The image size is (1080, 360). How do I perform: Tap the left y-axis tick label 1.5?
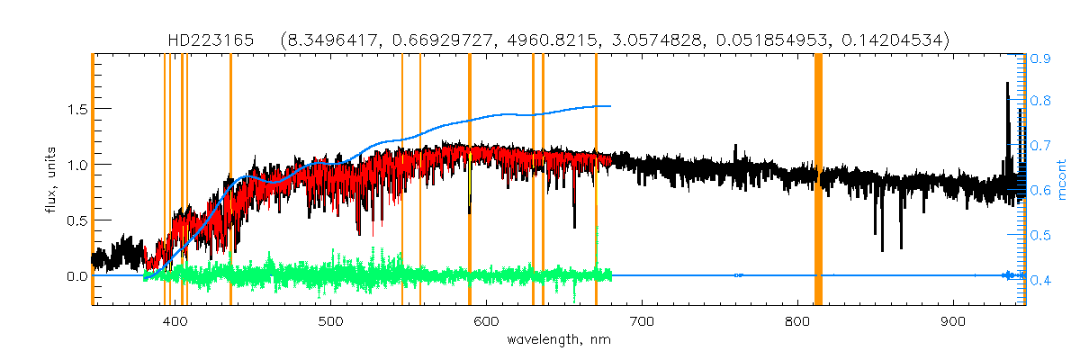(x=74, y=109)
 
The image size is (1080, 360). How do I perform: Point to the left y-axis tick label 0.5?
(x=74, y=220)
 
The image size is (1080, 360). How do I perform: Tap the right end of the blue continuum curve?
(x=611, y=106)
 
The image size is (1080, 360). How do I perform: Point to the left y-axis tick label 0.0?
(x=74, y=276)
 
